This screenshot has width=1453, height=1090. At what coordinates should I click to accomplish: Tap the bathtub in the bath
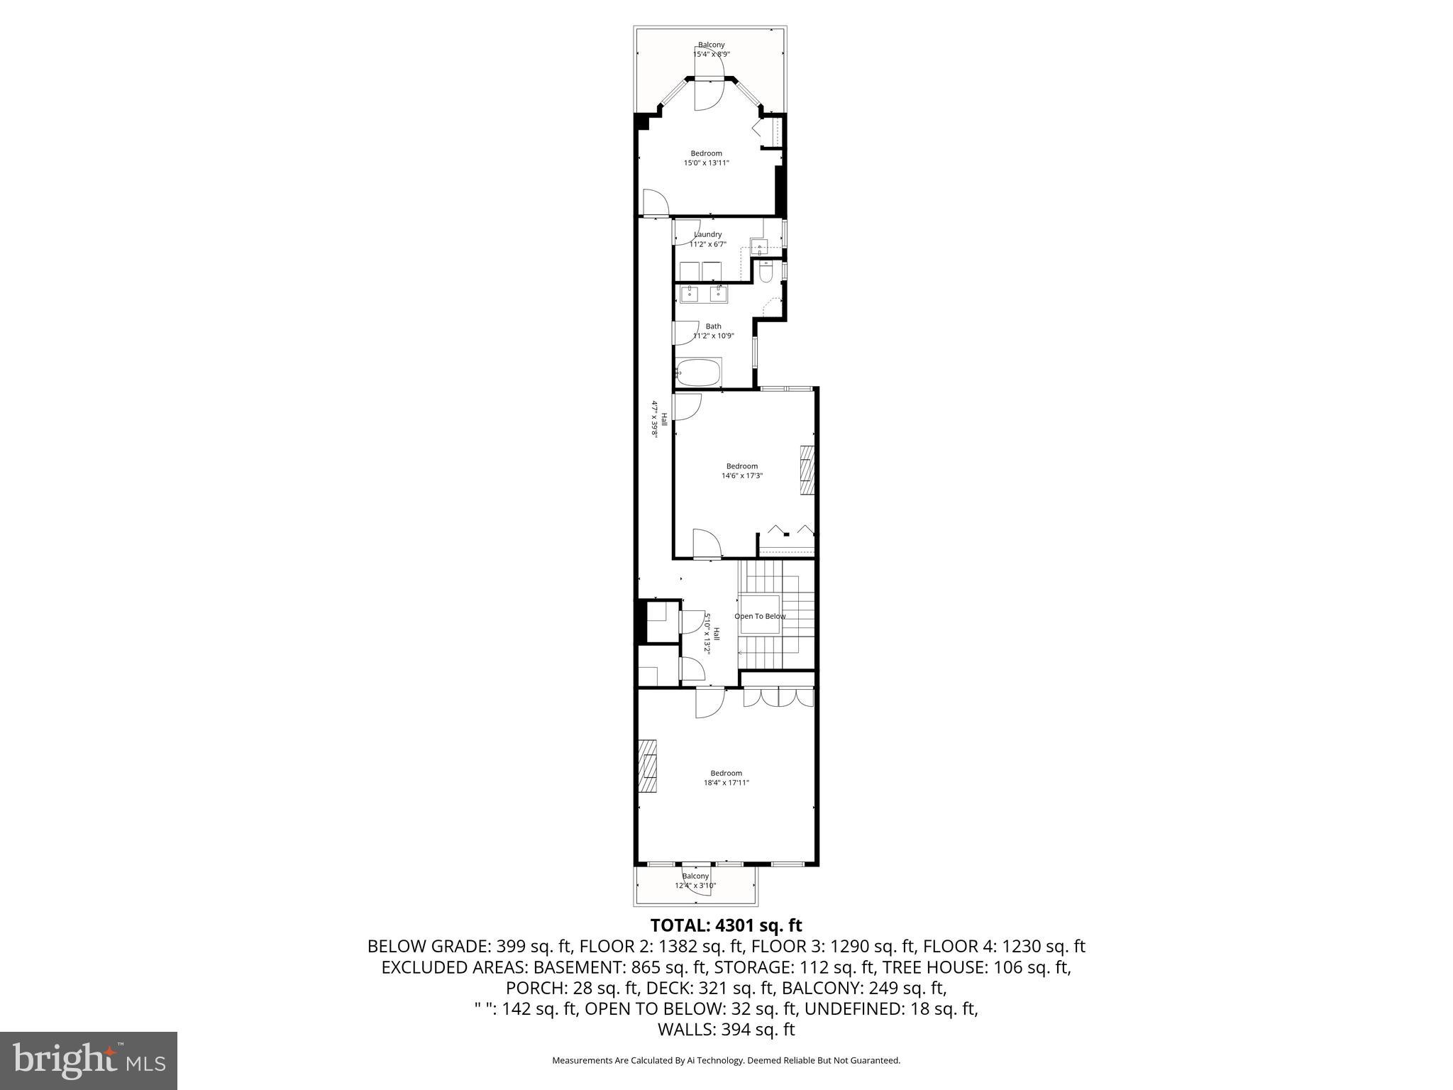[698, 372]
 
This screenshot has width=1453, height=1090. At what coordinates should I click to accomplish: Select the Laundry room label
[707, 235]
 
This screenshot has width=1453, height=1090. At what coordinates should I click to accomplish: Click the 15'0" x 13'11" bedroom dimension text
[706, 163]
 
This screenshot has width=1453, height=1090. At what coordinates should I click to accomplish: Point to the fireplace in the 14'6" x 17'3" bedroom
[807, 470]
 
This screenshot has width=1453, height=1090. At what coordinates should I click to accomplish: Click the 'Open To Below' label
[760, 616]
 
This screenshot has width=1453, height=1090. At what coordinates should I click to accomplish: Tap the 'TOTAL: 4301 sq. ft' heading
[726, 925]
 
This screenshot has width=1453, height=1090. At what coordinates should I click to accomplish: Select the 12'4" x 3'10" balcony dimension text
[695, 886]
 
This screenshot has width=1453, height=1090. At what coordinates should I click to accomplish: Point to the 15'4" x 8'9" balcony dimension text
[711, 54]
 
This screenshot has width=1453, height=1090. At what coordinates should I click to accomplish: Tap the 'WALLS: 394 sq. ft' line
[726, 1030]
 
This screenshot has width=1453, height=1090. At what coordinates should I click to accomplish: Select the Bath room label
[713, 326]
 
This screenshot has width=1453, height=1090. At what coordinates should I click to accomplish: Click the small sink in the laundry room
[759, 248]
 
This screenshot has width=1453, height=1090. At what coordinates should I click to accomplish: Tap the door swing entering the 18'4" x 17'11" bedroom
[708, 703]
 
